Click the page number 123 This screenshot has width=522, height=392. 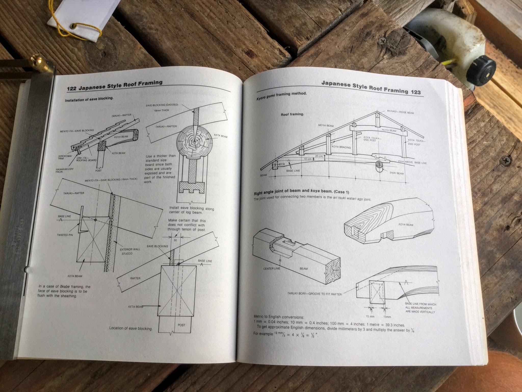(415, 92)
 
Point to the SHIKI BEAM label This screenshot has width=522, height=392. (396, 173)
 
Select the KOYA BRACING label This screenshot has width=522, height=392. (341, 147)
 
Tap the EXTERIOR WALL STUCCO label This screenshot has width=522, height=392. (130, 251)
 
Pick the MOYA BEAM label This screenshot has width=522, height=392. (326, 126)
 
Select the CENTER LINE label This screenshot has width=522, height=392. (272, 268)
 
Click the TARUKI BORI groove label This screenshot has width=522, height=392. (314, 294)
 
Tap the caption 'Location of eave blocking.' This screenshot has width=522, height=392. (131, 328)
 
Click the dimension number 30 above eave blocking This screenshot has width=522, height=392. (175, 240)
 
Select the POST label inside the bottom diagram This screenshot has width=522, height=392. (181, 325)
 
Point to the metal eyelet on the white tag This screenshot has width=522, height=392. (75, 26)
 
